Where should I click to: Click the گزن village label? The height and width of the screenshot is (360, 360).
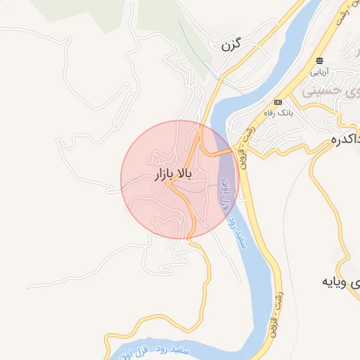point(231,46)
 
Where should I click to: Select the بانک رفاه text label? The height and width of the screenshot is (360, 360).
point(278,112)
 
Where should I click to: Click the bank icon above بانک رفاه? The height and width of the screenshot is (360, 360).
point(277,101)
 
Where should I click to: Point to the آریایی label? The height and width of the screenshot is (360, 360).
point(319,72)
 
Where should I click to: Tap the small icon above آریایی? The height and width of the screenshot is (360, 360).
point(320,61)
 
